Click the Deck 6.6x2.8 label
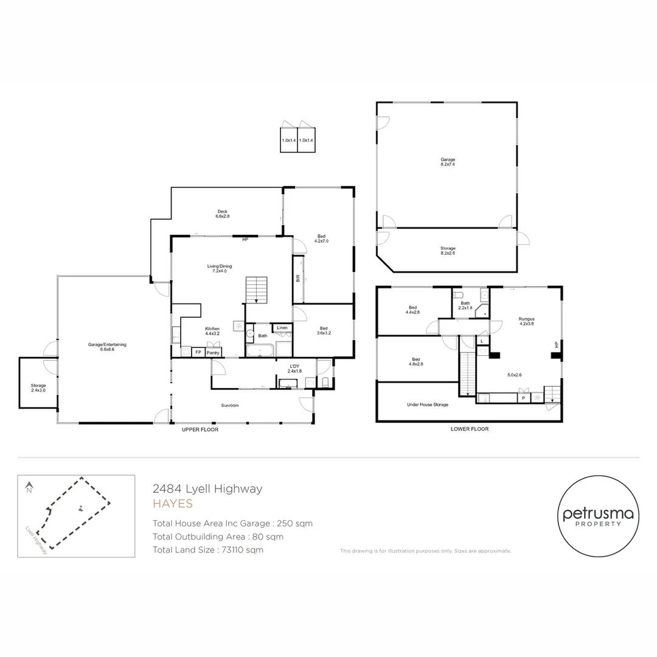(222, 214)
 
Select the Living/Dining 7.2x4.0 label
(222, 268)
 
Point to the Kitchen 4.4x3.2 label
(212, 331)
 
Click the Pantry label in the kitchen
(213, 352)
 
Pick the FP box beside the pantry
(198, 352)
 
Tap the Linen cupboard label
(282, 328)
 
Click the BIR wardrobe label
(297, 279)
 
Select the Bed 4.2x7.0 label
(321, 238)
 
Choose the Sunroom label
(229, 404)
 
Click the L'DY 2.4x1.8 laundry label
(294, 369)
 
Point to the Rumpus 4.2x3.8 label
(526, 321)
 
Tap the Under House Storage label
(428, 404)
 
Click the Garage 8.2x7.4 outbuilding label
(448, 162)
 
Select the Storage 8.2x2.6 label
(448, 250)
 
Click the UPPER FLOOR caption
(200, 429)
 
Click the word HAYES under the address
(172, 504)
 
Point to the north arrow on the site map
(29, 487)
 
